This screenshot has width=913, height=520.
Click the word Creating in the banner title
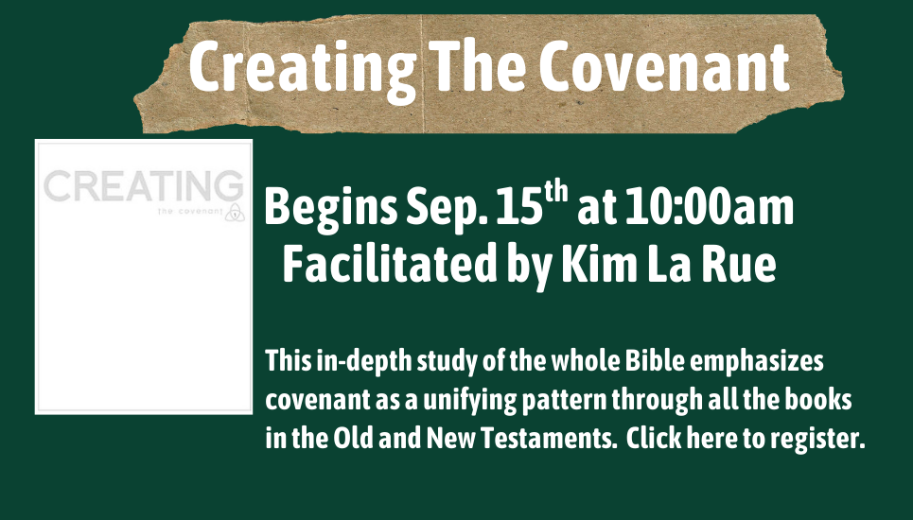[x=303, y=70]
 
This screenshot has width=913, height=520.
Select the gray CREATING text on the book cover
[x=143, y=186]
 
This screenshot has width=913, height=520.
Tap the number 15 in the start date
[x=519, y=207]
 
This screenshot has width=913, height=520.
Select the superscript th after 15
[x=555, y=193]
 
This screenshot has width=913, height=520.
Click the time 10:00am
[x=710, y=207]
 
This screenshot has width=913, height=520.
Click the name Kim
[x=600, y=264]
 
